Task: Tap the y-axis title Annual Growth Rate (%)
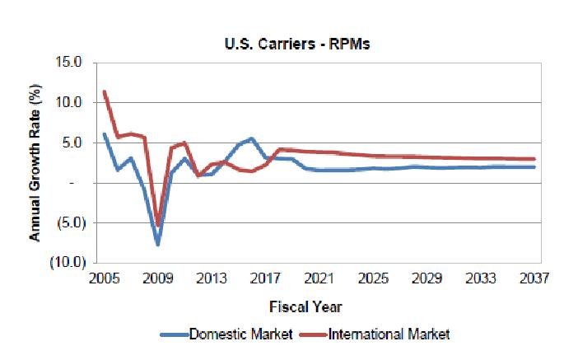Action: [x=35, y=162]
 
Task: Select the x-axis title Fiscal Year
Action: [x=305, y=306]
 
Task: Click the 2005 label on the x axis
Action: [x=104, y=278]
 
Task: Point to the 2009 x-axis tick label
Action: [x=157, y=278]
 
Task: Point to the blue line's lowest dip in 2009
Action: [x=157, y=244]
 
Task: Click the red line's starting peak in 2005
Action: [x=105, y=91]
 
